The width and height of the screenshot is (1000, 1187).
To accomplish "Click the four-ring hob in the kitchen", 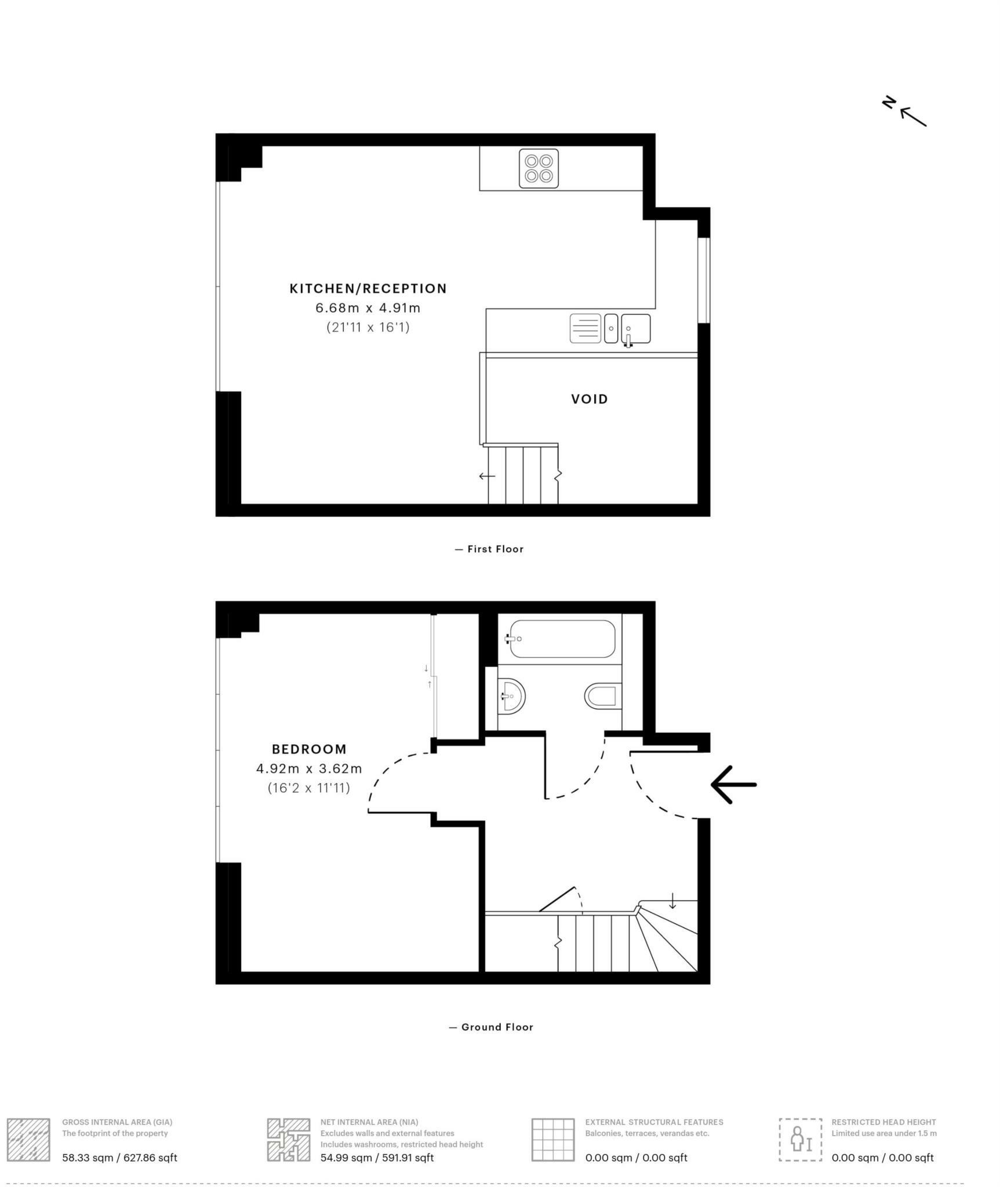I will click(x=539, y=168).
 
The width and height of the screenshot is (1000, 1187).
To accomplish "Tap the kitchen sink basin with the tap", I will click(x=635, y=329).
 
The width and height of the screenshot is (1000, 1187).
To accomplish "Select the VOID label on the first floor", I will click(x=589, y=399).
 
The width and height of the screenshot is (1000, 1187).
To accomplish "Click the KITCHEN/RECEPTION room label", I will click(x=368, y=289).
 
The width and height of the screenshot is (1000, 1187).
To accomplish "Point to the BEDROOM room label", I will click(x=309, y=749).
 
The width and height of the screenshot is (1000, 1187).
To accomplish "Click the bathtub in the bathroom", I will click(x=562, y=639).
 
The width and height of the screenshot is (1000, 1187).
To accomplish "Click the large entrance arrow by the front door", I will click(x=733, y=784).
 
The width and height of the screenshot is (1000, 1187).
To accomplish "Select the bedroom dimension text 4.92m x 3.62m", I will click(x=309, y=769).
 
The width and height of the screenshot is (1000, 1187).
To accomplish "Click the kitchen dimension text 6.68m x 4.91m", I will click(x=368, y=308).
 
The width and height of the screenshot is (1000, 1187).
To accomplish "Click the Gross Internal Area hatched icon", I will click(x=28, y=1139).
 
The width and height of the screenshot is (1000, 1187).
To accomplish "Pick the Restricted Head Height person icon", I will click(x=800, y=1139).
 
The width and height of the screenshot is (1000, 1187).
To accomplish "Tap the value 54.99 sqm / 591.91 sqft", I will click(x=377, y=1157).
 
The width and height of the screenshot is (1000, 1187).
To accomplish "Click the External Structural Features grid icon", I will click(x=553, y=1139).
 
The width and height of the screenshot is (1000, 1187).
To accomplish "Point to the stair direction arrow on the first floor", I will click(x=487, y=476).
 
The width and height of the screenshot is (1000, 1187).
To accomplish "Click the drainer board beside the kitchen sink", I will click(x=585, y=329).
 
